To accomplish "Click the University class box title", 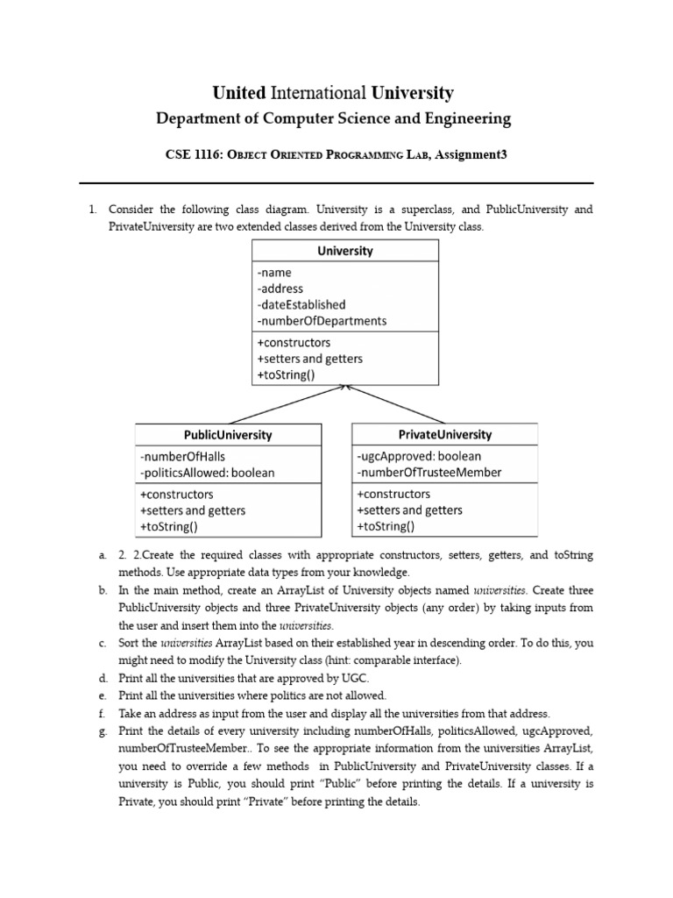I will [x=344, y=251].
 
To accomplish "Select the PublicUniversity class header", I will [x=228, y=435].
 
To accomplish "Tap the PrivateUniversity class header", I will [x=445, y=434].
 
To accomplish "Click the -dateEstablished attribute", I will [x=301, y=304].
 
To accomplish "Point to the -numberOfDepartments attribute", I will [x=322, y=321].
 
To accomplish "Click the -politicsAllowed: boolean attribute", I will [x=207, y=473].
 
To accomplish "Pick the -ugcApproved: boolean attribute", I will [x=419, y=456].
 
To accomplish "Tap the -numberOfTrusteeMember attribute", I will [x=429, y=473].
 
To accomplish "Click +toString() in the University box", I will [x=286, y=375].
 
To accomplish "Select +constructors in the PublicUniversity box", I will [x=176, y=494].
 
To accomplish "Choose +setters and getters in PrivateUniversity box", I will [x=409, y=510].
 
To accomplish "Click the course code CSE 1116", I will [x=192, y=154].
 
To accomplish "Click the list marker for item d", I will [x=103, y=679].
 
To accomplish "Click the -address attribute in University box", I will [x=280, y=289].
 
